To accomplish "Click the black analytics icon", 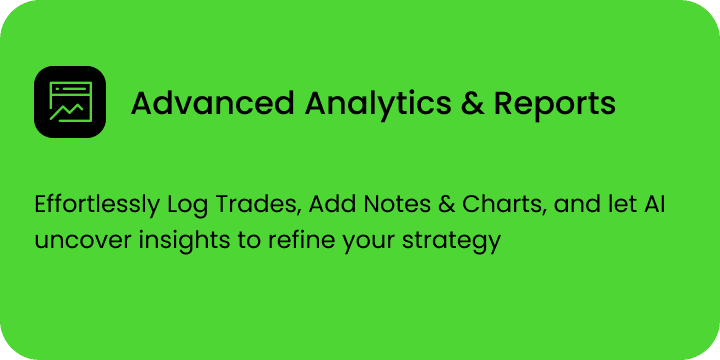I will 69,102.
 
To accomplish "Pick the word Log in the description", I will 185,207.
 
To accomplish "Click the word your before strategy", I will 345,243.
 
